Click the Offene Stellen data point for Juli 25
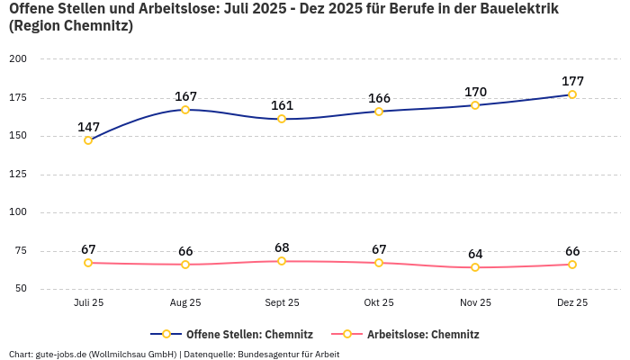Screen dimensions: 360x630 coord(88,140)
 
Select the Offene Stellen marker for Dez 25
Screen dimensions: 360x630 coord(572,94)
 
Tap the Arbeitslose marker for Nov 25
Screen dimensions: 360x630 coord(475,267)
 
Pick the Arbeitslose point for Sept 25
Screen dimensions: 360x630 coord(282,261)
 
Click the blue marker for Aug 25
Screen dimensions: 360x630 coord(185,110)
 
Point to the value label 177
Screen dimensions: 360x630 coord(572,81)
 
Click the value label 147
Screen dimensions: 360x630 coord(88,127)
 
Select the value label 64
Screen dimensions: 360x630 coord(475,254)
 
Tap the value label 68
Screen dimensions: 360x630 coord(282,247)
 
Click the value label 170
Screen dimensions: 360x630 coord(475,92)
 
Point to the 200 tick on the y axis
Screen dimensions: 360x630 coord(18,58)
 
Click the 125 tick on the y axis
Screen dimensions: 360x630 coord(18,174)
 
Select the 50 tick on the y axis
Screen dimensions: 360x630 coord(21,289)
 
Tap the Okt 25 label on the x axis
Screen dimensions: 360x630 coord(379,303)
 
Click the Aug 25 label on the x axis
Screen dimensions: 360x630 coord(185,303)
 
